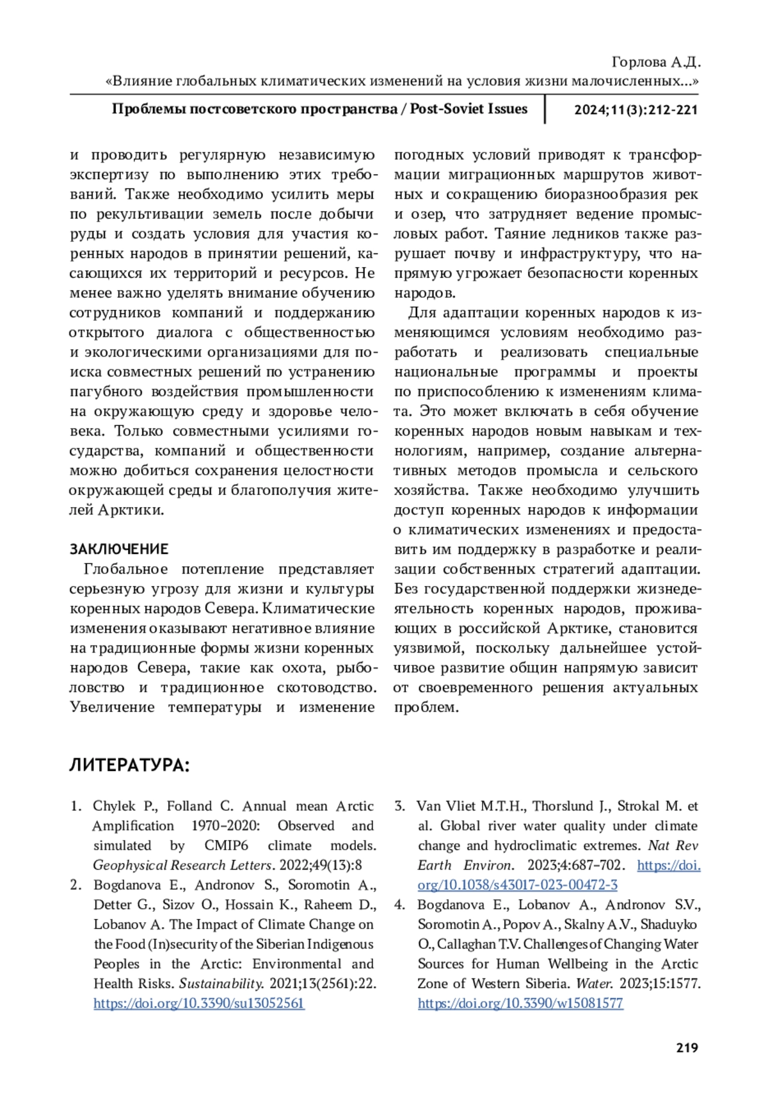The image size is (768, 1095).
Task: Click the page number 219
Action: coord(686,1048)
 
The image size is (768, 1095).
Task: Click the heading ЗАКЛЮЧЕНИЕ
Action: coord(119,549)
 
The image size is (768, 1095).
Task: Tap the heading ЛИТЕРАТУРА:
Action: coord(129,765)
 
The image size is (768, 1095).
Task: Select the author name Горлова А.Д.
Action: coord(656,62)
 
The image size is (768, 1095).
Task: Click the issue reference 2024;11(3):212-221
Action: coord(636,109)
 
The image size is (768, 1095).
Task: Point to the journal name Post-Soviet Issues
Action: coord(468,109)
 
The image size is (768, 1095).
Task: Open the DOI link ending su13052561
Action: coord(198,1003)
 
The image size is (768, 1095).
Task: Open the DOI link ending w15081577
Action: coord(520,1003)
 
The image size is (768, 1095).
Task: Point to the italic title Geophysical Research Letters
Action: coord(182,865)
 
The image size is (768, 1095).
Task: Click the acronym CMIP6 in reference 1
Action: coord(227,845)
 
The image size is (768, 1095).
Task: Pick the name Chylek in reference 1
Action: coord(113,806)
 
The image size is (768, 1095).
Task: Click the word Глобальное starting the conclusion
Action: coord(125,569)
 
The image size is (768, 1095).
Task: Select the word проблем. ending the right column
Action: coord(426,708)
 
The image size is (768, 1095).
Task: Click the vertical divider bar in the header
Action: coord(545,109)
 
